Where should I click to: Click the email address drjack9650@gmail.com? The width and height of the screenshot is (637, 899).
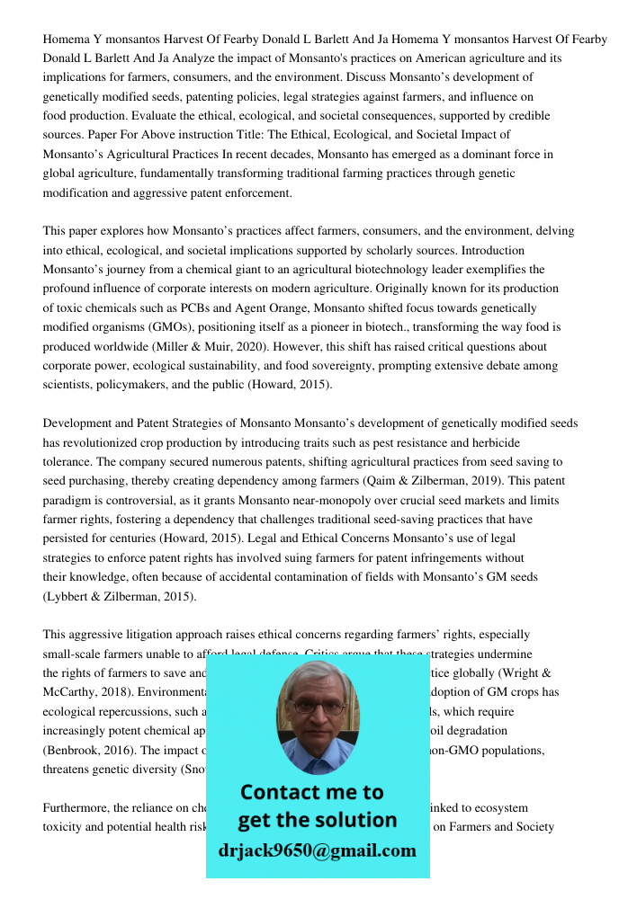point(317,850)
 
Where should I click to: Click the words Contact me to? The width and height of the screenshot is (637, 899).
point(311,792)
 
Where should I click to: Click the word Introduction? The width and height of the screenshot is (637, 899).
point(491,250)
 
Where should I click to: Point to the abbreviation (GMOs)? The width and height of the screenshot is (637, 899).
point(187,327)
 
